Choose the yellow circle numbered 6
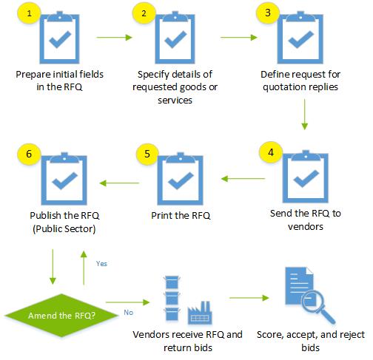pyautogui.click(x=27, y=153)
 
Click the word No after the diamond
pyautogui.click(x=128, y=312)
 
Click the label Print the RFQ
pyautogui.click(x=176, y=216)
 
